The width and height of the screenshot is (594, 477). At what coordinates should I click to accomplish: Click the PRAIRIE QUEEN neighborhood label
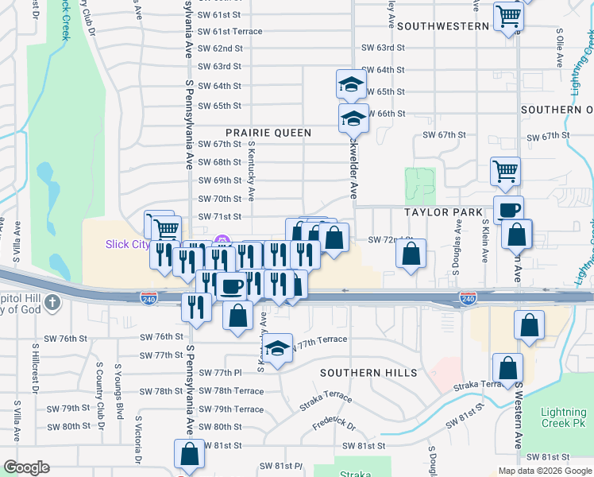pos(268,133)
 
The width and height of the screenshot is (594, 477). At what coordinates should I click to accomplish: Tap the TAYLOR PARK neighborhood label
pos(444,212)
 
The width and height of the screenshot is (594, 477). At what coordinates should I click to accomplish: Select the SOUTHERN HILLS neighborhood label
pos(368,373)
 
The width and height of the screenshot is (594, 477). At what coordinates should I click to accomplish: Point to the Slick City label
pos(128,244)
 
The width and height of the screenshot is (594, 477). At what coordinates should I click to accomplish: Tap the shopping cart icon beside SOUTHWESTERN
pos(508,17)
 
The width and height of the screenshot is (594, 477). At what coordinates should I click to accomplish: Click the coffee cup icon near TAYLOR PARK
pos(509,211)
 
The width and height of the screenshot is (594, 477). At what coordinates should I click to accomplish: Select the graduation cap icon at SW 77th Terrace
pos(276,350)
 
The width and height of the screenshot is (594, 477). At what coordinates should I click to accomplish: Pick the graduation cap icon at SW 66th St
pos(353,119)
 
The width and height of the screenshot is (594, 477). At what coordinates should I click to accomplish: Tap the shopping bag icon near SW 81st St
pos(190,455)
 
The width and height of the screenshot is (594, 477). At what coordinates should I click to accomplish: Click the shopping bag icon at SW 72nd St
pos(411,254)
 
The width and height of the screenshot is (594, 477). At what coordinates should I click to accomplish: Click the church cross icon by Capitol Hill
pos(52,303)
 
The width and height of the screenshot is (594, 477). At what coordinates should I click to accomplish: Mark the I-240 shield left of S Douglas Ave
pos(467,298)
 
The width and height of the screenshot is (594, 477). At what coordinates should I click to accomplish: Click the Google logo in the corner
pos(26,467)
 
